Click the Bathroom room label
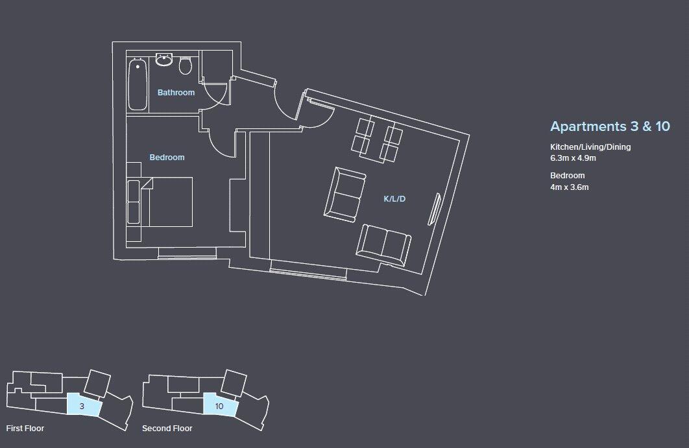[176, 93]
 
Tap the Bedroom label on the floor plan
[167, 158]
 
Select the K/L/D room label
[394, 199]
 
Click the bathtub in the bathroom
[137, 85]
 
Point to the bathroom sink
[163, 62]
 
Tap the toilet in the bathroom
[186, 66]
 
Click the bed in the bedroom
[169, 202]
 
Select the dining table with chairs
[376, 140]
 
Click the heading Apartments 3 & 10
[609, 126]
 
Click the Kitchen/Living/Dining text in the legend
[590, 147]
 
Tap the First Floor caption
[25, 429]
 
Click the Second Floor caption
[167, 429]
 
